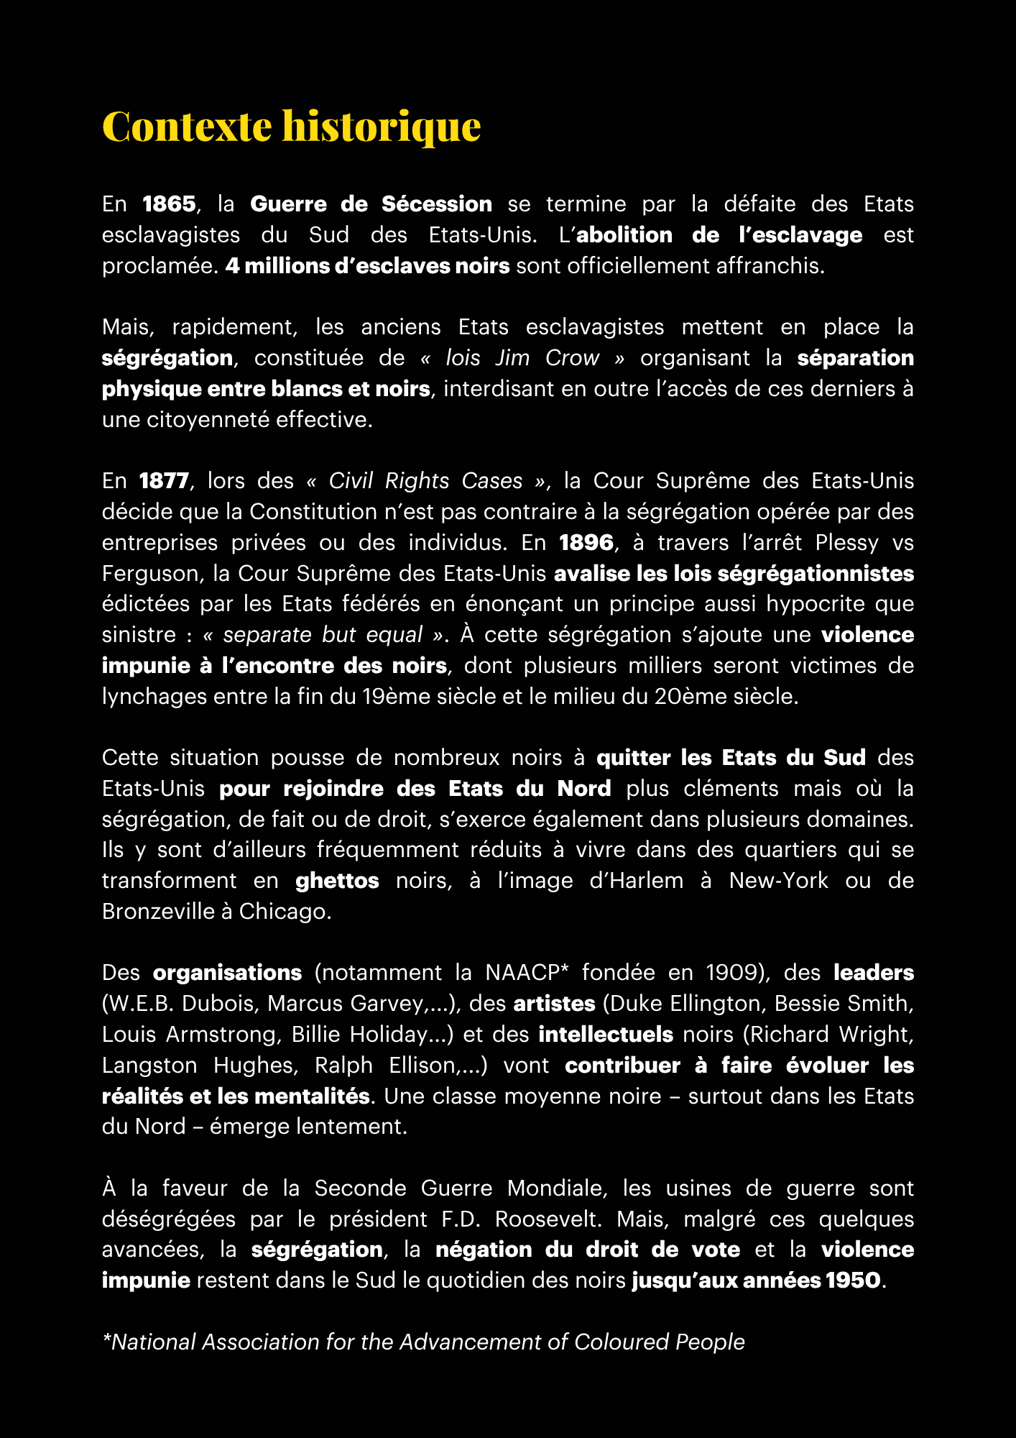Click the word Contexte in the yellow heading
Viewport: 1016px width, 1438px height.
click(x=187, y=127)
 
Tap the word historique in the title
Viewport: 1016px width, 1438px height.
click(x=381, y=127)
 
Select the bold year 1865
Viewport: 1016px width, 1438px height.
click(x=169, y=204)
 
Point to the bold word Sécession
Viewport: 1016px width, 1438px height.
click(x=437, y=204)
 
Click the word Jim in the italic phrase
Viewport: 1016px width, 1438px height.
click(x=512, y=358)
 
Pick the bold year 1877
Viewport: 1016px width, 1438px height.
click(x=165, y=481)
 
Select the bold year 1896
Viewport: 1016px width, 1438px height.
click(x=586, y=542)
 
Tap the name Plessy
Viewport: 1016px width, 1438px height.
click(x=847, y=542)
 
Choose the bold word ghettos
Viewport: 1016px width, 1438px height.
click(x=337, y=881)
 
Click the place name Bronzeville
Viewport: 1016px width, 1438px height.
click(x=158, y=912)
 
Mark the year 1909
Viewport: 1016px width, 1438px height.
click(x=732, y=973)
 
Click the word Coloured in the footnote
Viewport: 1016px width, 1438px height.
click(x=617, y=1342)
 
